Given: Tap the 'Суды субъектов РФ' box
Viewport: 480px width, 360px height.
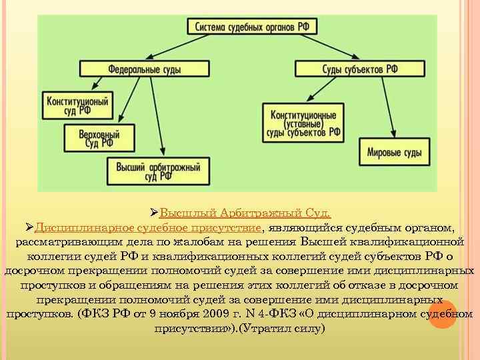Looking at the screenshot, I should (x=351, y=68).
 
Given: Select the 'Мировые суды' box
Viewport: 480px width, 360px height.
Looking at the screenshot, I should (x=394, y=153).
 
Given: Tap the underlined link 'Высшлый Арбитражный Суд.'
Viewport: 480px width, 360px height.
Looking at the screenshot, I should (x=245, y=213).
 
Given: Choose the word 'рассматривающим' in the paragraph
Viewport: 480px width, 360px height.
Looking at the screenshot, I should (x=61, y=241).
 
